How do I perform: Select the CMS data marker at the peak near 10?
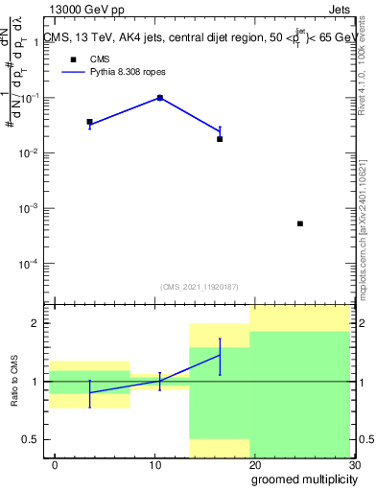160,98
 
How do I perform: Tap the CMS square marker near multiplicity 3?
89,123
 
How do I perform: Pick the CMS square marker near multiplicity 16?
220,139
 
